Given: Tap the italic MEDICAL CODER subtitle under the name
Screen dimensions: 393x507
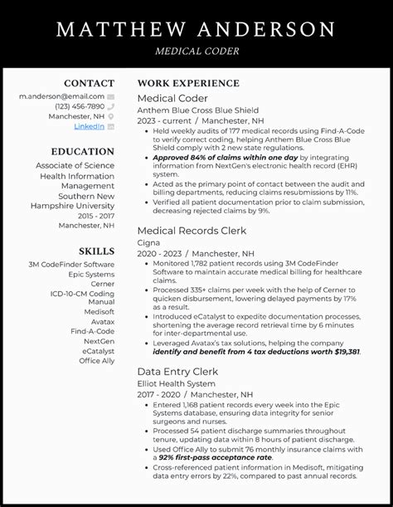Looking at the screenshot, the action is [196, 51].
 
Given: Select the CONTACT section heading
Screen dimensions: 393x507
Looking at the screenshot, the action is [89, 84].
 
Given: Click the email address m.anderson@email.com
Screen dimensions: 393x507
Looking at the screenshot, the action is [62, 96].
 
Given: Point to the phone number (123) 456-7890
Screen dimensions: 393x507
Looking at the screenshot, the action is [80, 106].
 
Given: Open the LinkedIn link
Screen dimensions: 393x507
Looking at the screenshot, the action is [89, 126].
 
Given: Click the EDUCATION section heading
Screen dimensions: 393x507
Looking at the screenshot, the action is [82, 152].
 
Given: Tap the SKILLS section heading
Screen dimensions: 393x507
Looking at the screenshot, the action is [96, 251].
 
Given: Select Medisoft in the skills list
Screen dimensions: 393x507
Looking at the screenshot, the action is [99, 312].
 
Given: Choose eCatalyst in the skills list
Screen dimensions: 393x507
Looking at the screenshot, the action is [98, 351].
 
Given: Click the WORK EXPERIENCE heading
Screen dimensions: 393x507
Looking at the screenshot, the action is [188, 84].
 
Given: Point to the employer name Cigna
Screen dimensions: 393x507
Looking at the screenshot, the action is [149, 242].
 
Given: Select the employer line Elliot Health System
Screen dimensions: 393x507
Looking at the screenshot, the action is [175, 384].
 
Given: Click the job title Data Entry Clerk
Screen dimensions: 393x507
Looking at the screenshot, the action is [177, 372].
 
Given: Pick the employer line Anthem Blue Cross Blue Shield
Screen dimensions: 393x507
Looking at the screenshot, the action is [197, 110].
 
